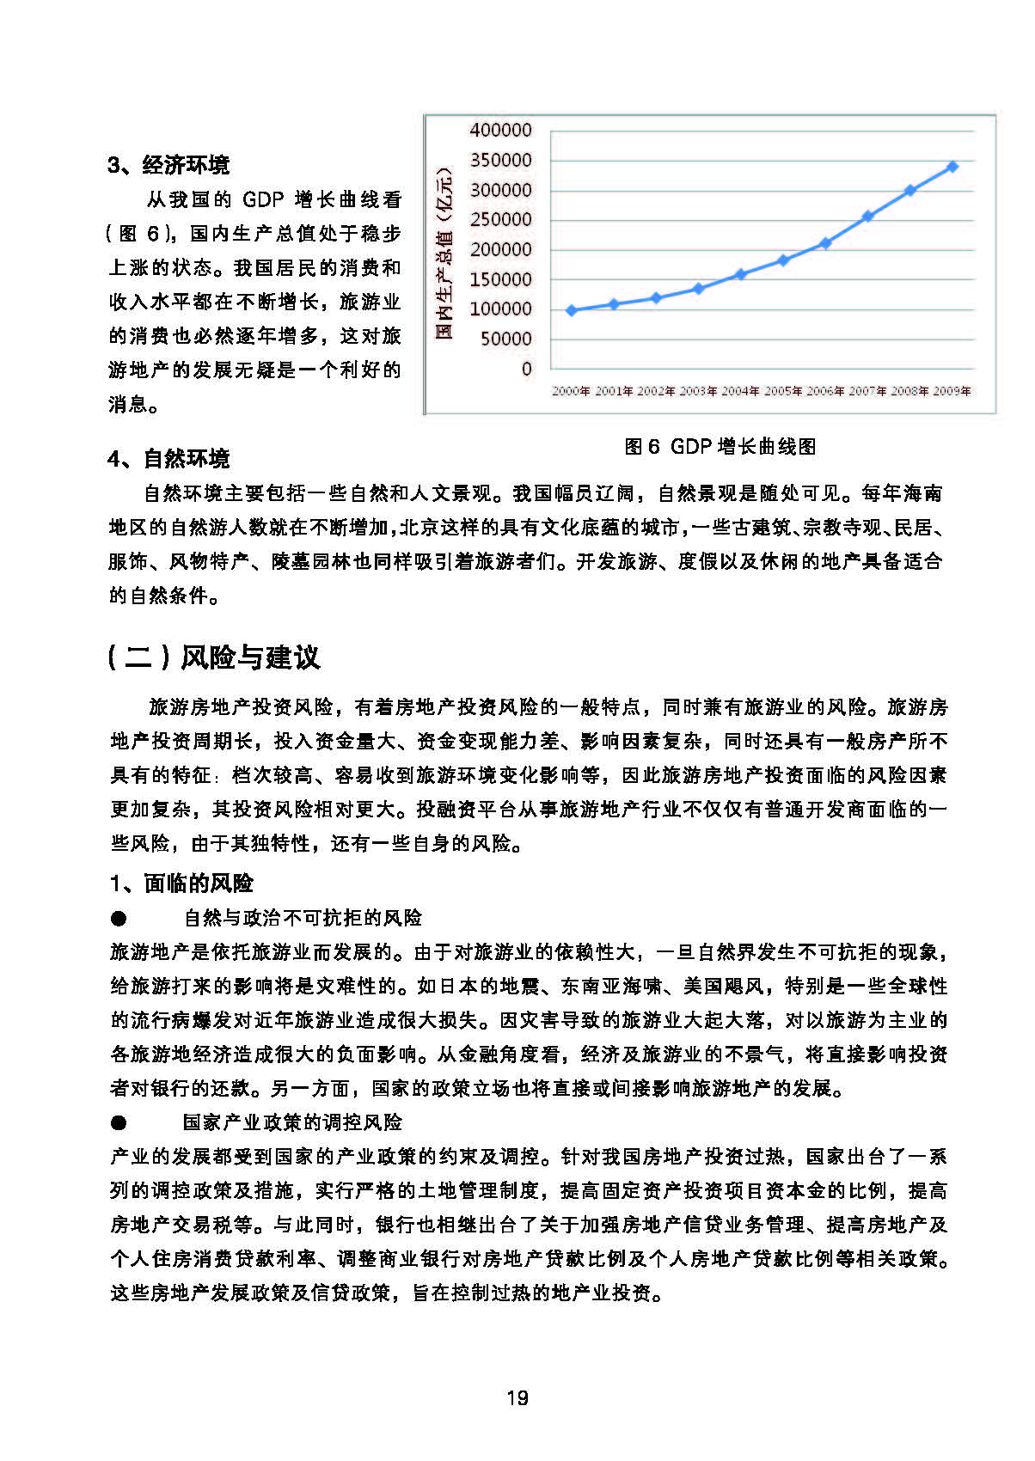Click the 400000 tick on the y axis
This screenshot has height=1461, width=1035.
click(x=500, y=130)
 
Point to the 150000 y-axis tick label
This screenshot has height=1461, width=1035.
click(x=500, y=279)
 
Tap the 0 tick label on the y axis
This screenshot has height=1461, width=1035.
click(x=526, y=369)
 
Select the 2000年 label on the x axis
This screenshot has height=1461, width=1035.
click(x=571, y=391)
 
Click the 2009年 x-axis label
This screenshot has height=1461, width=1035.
click(x=952, y=391)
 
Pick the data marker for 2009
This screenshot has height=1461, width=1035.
click(x=952, y=167)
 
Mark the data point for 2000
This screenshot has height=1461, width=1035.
click(x=572, y=310)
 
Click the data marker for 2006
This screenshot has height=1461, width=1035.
click(x=825, y=243)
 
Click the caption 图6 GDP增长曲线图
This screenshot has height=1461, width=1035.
click(x=720, y=446)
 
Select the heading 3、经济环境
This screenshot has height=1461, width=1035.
click(x=168, y=165)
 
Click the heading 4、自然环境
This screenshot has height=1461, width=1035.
click(x=168, y=459)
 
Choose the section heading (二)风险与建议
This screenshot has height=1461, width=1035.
click(x=214, y=657)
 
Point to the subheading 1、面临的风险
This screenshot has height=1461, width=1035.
click(x=181, y=883)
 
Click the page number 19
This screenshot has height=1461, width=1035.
click(x=517, y=1398)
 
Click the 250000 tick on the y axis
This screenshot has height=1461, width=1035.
click(x=500, y=219)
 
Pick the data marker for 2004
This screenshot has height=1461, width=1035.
click(x=740, y=274)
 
